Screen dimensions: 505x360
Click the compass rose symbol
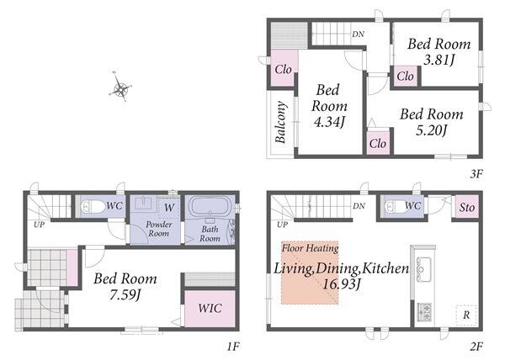coord(120,87)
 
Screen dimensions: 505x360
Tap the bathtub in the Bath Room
coord(210,206)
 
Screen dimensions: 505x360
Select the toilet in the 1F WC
coord(93,206)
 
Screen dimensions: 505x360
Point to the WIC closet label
coord(210,308)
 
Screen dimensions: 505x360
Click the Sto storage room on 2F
coord(466,208)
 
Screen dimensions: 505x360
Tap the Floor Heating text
coord(310,248)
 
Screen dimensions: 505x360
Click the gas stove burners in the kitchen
coord(424,312)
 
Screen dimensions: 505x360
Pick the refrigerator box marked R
coord(466,315)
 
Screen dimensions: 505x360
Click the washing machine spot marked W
coord(169,208)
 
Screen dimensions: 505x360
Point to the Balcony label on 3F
coord(280,122)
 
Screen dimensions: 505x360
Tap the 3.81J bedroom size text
coord(439,61)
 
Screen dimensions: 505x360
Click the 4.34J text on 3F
coord(329,122)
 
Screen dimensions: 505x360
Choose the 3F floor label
coord(476,174)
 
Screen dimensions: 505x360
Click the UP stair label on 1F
coord(39,225)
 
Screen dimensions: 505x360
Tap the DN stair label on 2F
coord(359,206)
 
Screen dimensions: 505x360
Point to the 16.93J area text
coord(342,284)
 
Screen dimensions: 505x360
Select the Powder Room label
coord(159,229)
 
